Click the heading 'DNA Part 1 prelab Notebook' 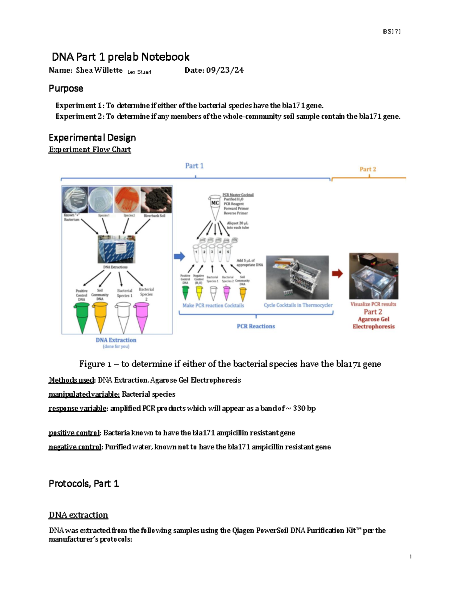point(120,57)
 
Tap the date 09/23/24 point(225,70)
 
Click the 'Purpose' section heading point(66,88)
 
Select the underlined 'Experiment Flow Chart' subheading point(90,150)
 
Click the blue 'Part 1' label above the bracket point(194,166)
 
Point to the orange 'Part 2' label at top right point(368,169)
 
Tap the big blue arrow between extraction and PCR point(179,256)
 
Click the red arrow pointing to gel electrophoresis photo point(337,274)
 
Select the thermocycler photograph point(297,277)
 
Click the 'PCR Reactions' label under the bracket point(256,326)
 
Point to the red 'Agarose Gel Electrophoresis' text point(373,323)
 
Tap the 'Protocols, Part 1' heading point(84,484)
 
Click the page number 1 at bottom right point(411,557)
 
